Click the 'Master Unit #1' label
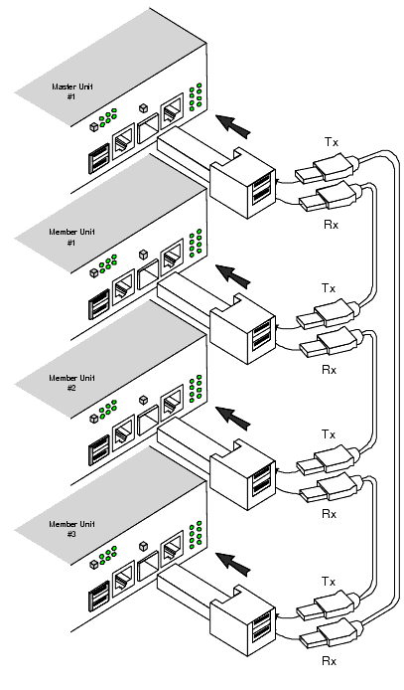tap(72, 91)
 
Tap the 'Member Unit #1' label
tap(72, 237)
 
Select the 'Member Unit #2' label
tap(72, 383)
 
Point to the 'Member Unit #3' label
tap(72, 529)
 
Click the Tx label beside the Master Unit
tap(332, 142)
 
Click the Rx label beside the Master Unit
tap(332, 225)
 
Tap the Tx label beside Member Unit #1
tap(329, 288)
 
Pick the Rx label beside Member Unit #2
tap(329, 514)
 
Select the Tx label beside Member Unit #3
tap(329, 582)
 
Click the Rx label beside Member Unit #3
tap(329, 661)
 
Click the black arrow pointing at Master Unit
tap(233, 125)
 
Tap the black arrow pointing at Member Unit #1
tap(233, 276)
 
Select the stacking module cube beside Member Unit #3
tap(242, 621)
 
